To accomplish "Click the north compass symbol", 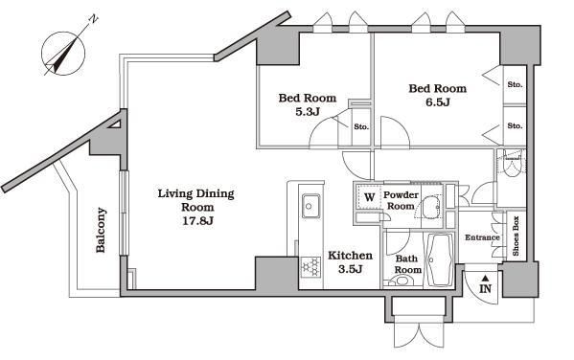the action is pos(63,54).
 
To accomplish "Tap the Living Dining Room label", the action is pos(195,200).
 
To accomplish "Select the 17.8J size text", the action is pos(197,221).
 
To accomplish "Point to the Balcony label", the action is pos(101,230).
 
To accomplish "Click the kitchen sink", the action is pos(310,206).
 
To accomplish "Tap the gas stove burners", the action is pos(310,266).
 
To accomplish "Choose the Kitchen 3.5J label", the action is pos(351,262).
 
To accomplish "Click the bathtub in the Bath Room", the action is pos(439,259).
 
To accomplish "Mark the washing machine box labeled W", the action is pos(369,197).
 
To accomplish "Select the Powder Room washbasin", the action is pos(431,207).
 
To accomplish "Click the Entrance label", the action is pos(482,237).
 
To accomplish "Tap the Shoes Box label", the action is pos(517,236).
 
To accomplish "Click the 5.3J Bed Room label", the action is pos(308,104).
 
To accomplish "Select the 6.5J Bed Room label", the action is pos(438,95).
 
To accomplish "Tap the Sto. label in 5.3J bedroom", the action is pos(361,127).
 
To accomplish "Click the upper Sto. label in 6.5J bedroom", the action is pos(515,84).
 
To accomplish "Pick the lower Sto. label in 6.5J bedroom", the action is pos(515,125).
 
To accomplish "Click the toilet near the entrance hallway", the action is pos(512,166).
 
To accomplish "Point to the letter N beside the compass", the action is pos(94,19).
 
